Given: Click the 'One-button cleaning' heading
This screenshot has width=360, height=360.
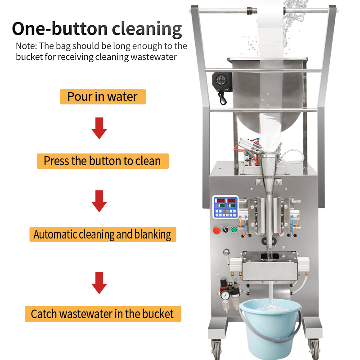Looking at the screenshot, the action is tap(97, 29).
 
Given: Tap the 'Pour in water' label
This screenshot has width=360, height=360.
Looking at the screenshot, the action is tap(103, 97).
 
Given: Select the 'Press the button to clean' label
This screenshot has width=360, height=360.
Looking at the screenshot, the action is tap(103, 161).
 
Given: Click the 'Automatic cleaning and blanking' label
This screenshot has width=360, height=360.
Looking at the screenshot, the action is tap(103, 234).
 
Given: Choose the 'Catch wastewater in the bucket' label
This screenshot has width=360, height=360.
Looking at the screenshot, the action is tap(103, 314).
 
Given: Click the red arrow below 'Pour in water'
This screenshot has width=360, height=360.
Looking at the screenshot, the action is tap(99, 128).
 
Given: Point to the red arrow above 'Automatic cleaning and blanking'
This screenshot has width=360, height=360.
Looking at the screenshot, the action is tap(99, 201).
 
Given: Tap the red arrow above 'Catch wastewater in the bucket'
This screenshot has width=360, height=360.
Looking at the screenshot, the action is tap(99, 283).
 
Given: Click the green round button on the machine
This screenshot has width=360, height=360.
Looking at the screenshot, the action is tap(234, 229).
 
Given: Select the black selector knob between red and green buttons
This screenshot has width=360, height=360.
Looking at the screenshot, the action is tap(226, 229).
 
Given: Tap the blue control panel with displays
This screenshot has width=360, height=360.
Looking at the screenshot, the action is tap(225, 207).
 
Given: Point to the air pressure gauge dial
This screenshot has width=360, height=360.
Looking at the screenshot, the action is tap(225, 296).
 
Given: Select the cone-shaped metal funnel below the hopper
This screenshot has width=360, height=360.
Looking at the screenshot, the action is tap(269, 166).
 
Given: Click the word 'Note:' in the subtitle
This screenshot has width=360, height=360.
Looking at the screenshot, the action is tap(26, 46).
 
